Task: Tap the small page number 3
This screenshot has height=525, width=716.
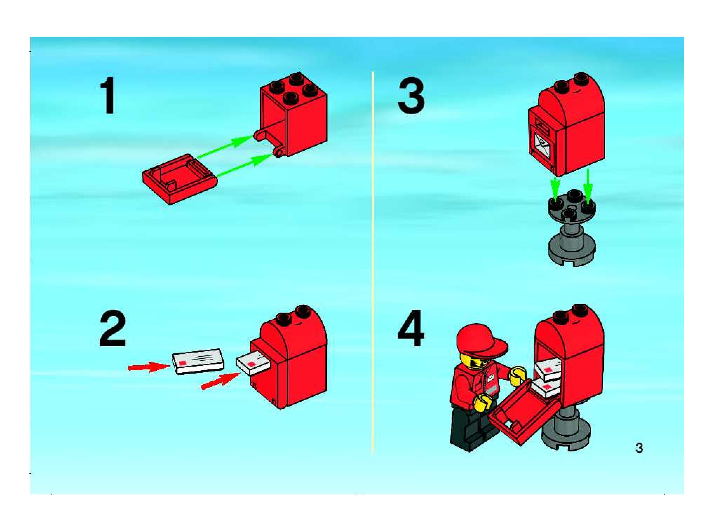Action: tap(639, 448)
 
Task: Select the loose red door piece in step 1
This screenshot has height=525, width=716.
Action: tap(180, 178)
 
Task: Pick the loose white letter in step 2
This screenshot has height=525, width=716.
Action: tap(198, 361)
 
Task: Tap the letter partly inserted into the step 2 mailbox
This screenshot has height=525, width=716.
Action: tap(252, 364)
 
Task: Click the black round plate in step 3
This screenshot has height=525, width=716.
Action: tap(572, 206)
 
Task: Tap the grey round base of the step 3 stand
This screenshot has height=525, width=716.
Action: tap(572, 250)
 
